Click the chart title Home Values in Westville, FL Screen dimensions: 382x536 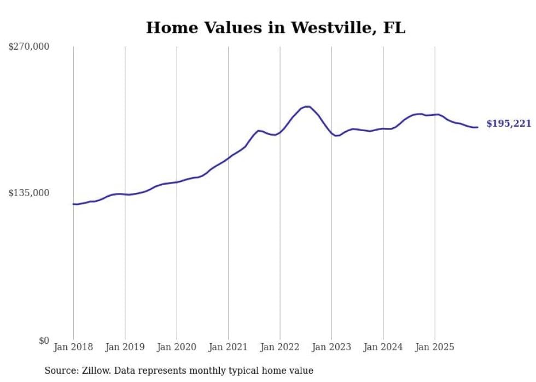coord(276,27)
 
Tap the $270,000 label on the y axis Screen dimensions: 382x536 coord(29,47)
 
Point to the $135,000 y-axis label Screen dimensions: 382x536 coord(29,193)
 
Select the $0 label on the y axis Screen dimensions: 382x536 coord(44,340)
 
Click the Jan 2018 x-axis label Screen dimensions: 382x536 coord(73,347)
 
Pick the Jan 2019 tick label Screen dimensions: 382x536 coord(125,347)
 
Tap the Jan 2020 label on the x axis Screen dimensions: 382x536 coord(177,347)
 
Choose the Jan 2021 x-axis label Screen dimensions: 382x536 coord(228,347)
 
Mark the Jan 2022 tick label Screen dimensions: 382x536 coord(280,347)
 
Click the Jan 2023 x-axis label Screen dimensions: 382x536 coord(331,347)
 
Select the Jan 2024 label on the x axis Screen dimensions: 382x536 coord(383,347)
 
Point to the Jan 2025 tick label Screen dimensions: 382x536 coord(435,347)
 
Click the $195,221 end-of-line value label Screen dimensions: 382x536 coord(509,124)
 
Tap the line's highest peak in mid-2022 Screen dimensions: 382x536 coord(307,107)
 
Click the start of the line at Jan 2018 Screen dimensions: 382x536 coord(73,204)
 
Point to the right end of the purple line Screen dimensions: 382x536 coord(477,127)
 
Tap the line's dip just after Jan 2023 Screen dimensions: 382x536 coord(337,136)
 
